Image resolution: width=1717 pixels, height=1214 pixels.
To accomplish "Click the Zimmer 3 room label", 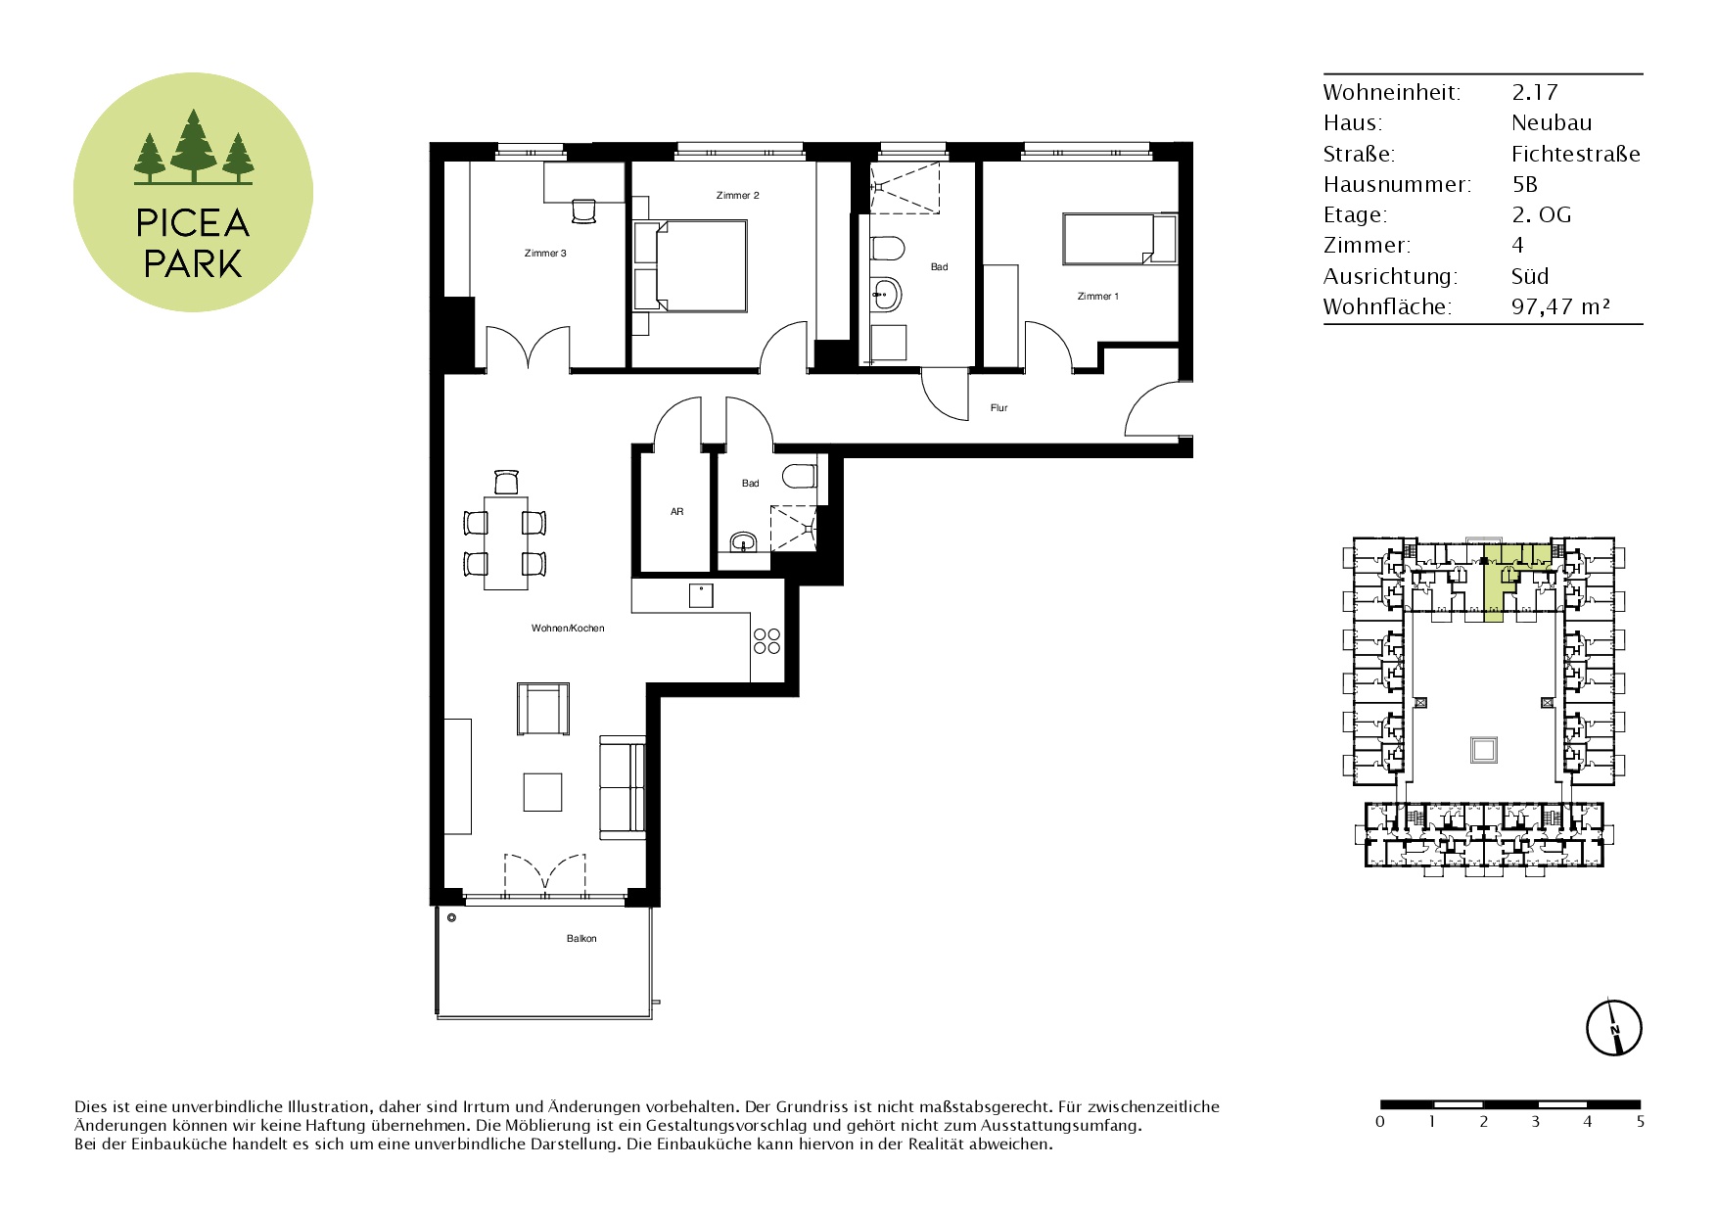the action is click(545, 254).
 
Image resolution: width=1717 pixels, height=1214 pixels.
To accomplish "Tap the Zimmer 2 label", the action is click(737, 196).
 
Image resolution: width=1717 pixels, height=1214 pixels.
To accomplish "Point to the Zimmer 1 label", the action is click(1097, 297).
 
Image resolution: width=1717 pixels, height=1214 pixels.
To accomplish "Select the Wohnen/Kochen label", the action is click(568, 629).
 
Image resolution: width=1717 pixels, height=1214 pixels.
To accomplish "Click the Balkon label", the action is click(581, 939).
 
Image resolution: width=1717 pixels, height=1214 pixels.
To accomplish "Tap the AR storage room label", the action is click(676, 512).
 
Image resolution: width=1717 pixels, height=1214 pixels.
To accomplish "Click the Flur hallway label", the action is click(998, 408).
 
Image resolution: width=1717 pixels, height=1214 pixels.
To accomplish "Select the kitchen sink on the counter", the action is click(700, 594).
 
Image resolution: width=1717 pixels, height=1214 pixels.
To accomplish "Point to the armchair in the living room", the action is click(543, 709).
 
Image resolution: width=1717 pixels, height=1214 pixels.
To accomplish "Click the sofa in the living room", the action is click(623, 787).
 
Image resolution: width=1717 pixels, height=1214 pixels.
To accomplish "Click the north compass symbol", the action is click(1613, 1028).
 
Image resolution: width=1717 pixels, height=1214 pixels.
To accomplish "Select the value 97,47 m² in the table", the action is click(1560, 306).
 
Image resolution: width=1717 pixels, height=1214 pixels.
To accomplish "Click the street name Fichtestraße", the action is click(1575, 154).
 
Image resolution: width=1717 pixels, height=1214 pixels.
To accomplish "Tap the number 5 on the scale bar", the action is click(1640, 1121).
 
